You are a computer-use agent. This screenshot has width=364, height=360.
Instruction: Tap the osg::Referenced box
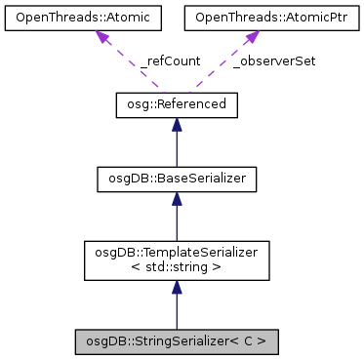(176, 104)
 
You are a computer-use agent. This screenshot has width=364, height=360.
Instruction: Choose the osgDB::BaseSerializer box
(176, 179)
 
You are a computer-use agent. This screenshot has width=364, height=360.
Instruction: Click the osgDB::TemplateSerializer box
(176, 260)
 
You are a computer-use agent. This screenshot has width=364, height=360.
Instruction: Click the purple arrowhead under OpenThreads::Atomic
(101, 36)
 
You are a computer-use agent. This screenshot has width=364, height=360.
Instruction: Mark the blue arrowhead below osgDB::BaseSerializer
(176, 198)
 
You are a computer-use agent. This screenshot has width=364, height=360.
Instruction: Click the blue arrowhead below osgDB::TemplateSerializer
(176, 286)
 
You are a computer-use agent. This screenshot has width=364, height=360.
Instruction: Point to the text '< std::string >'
(176, 267)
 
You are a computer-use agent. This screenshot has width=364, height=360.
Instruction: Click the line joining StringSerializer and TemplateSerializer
(176, 310)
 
